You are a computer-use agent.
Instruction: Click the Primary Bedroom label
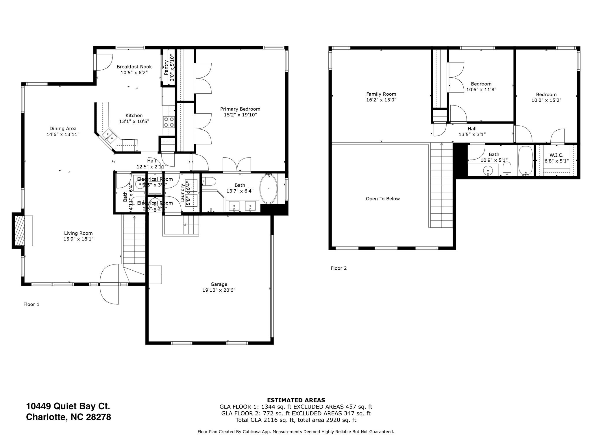(240, 109)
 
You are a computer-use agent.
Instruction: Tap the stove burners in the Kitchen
(169, 122)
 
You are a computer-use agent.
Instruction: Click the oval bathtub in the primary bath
(269, 189)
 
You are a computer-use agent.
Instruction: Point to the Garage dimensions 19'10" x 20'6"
(219, 290)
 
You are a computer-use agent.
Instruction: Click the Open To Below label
(383, 199)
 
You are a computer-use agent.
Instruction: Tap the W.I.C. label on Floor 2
(556, 155)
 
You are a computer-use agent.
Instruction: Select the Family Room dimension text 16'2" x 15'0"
(381, 100)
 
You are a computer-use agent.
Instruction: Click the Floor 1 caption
(31, 304)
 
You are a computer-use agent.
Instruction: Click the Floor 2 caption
(338, 268)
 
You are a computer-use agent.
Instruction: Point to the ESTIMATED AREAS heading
(296, 400)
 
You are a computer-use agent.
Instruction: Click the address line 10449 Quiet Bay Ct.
(68, 406)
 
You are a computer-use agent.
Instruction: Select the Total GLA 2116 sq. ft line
(296, 420)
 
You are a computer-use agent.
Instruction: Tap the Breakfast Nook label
(134, 67)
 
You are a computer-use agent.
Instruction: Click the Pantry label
(166, 68)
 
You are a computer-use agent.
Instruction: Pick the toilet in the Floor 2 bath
(507, 168)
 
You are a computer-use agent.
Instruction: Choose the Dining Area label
(63, 129)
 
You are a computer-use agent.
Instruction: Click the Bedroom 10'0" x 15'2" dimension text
(546, 100)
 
